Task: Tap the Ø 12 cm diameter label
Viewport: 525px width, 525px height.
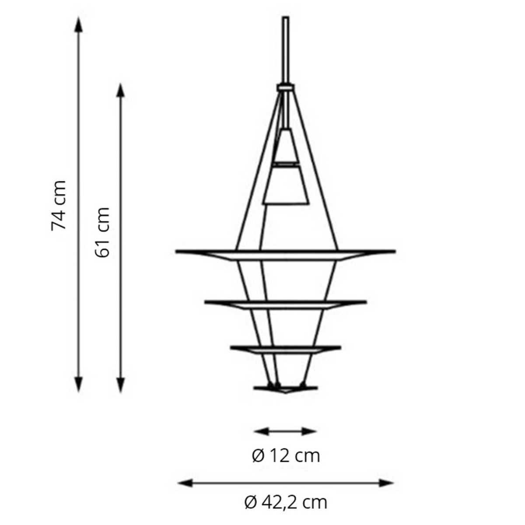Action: click(x=286, y=456)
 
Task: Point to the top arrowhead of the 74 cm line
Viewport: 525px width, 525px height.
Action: click(x=78, y=24)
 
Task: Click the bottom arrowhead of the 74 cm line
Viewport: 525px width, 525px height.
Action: click(x=78, y=385)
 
